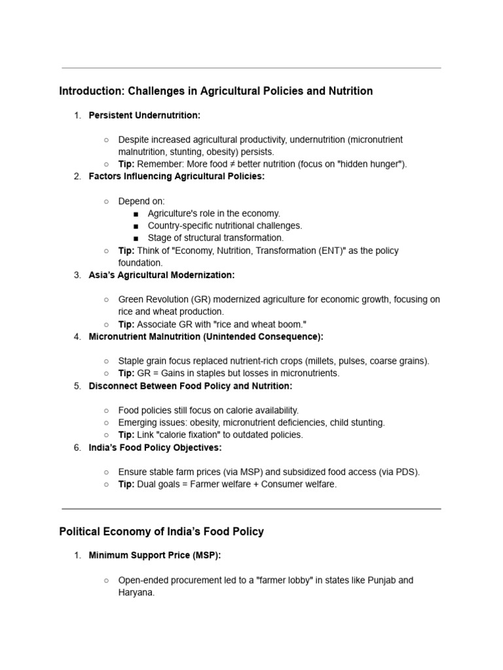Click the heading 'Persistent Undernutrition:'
[x=144, y=115]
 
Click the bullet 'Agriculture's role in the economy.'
[x=214, y=213]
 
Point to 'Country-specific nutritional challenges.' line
[x=225, y=226]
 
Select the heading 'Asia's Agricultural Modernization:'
[x=161, y=275]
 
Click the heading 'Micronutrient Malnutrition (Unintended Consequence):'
[x=206, y=336]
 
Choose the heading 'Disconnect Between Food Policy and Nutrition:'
[x=190, y=386]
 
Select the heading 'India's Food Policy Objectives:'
[x=155, y=448]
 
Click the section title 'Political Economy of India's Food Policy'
[x=161, y=531]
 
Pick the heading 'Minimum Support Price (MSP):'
[x=155, y=555]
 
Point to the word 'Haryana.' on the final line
[x=136, y=593]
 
